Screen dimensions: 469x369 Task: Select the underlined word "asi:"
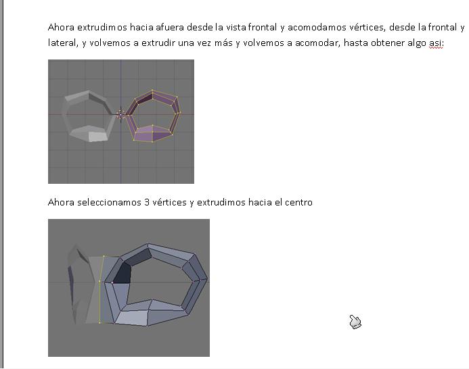(437, 43)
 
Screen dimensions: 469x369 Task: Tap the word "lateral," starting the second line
(63, 43)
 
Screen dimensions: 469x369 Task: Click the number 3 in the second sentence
(147, 202)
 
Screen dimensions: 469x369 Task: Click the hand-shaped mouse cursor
(355, 322)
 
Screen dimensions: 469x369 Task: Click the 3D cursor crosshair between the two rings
(120, 114)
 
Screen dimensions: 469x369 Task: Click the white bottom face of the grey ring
(98, 137)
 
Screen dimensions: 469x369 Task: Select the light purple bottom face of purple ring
(152, 134)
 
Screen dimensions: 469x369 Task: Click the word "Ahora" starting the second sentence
(61, 202)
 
